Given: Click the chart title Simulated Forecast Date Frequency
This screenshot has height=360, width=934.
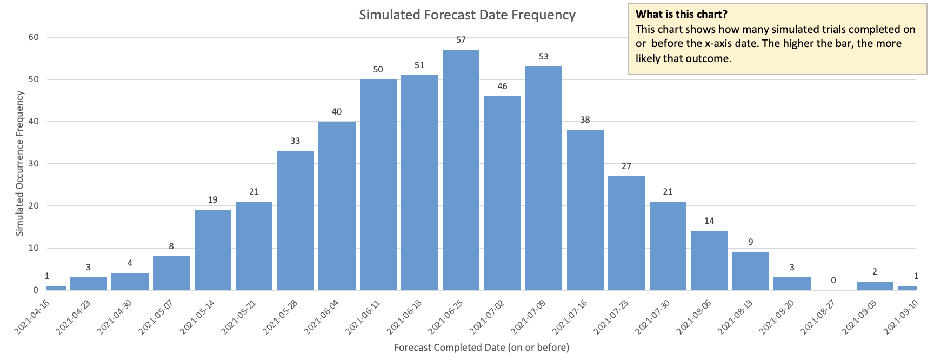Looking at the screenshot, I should (467, 15).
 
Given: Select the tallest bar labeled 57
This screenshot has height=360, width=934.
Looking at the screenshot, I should (461, 170).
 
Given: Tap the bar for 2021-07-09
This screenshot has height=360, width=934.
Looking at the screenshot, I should (543, 178).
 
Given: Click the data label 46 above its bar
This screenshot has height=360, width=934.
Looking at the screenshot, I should (502, 86).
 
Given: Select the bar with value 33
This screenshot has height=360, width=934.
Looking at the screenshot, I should (295, 221).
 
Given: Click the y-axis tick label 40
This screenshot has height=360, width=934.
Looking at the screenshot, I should (34, 122).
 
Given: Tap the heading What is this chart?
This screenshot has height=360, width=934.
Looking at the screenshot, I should (681, 15).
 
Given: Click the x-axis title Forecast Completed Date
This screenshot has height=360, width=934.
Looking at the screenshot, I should (481, 348).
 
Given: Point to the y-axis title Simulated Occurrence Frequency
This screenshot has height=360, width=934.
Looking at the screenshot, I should (20, 163).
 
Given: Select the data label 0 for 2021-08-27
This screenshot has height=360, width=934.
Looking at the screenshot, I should (833, 281).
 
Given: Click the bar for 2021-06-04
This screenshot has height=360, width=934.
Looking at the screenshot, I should (337, 205).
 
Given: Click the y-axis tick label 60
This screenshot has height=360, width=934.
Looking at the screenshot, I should (34, 37).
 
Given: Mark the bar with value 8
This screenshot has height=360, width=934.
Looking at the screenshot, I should (171, 273).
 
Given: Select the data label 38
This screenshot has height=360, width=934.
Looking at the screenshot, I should (585, 120).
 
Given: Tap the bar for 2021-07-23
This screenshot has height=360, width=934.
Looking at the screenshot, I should (626, 233).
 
